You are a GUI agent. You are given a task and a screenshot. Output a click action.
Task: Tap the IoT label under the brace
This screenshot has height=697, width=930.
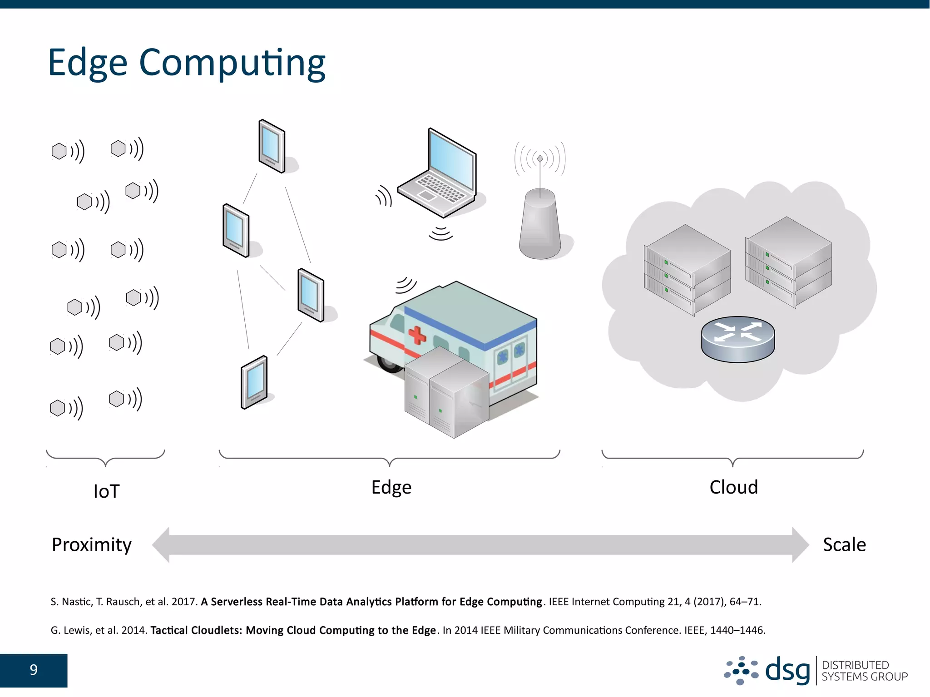(106, 491)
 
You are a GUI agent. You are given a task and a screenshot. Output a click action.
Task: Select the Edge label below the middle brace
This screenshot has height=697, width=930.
(391, 487)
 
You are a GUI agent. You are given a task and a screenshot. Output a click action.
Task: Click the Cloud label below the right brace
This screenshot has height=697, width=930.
(733, 487)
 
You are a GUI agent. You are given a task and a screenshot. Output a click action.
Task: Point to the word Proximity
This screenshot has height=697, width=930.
(91, 544)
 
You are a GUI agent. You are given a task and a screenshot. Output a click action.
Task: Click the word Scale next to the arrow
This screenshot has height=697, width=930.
(844, 544)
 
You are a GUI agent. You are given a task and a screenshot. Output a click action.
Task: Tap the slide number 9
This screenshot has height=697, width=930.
(34, 670)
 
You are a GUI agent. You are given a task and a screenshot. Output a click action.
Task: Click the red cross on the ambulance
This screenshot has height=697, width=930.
(417, 336)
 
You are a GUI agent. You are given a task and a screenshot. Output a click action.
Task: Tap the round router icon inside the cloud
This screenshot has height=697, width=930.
(737, 338)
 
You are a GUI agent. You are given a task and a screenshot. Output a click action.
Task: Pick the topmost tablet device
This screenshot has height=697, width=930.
(272, 146)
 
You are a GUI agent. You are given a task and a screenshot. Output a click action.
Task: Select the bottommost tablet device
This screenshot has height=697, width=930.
(254, 382)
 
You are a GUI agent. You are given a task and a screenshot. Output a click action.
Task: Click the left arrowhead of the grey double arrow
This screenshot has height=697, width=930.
(162, 544)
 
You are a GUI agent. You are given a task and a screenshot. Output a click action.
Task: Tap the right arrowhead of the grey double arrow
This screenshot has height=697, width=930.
(800, 544)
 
